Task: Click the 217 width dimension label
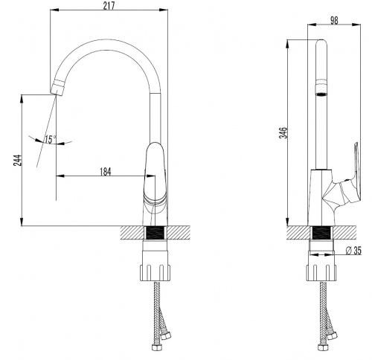pyautogui.click(x=109, y=5)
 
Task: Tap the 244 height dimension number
pyautogui.click(x=18, y=161)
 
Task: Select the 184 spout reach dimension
pyautogui.click(x=106, y=172)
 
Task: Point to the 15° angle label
pyautogui.click(x=50, y=140)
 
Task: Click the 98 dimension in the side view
pyautogui.click(x=334, y=20)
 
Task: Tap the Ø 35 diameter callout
pyautogui.click(x=353, y=251)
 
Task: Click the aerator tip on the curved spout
pyautogui.click(x=57, y=87)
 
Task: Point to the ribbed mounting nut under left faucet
pyautogui.click(x=155, y=273)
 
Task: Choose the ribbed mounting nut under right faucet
pyautogui.click(x=321, y=273)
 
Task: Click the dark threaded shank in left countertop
pyautogui.click(x=155, y=233)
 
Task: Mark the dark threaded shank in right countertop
pyautogui.click(x=321, y=233)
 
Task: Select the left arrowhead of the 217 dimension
pyautogui.click(x=54, y=10)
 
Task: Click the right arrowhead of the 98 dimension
pyautogui.click(x=356, y=25)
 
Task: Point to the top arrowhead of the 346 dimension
pyautogui.click(x=287, y=44)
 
